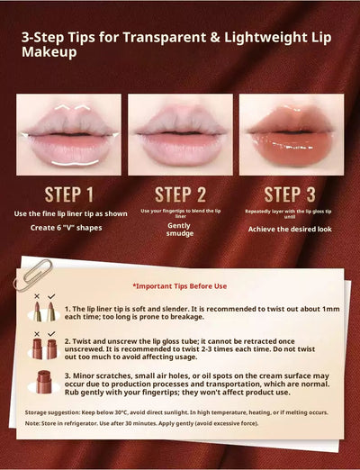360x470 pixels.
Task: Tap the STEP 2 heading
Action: pos(180,194)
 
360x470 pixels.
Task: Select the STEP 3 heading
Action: pos(294,194)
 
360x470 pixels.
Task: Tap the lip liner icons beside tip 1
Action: pos(44,311)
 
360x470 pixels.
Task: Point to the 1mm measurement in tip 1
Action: pos(330,308)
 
